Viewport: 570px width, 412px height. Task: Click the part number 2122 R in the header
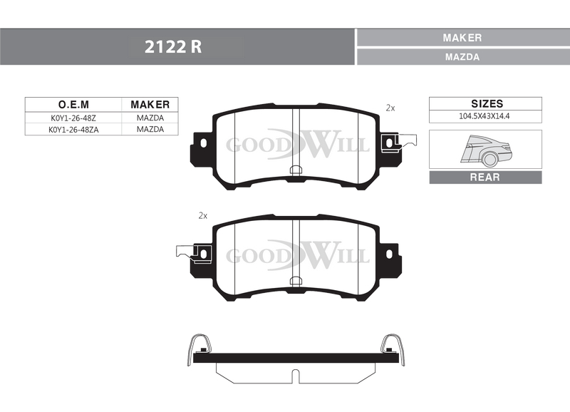pyautogui.click(x=173, y=47)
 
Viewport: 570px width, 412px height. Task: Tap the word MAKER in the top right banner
pyautogui.click(x=462, y=38)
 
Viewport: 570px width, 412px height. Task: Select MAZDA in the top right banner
pyautogui.click(x=462, y=57)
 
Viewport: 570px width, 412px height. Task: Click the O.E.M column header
pyautogui.click(x=73, y=105)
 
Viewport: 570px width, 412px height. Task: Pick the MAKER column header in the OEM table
pyautogui.click(x=150, y=105)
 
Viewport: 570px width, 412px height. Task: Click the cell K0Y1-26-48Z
pyautogui.click(x=73, y=118)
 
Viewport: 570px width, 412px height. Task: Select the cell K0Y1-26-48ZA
pyautogui.click(x=73, y=130)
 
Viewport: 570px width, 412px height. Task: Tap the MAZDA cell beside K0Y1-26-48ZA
pyautogui.click(x=150, y=130)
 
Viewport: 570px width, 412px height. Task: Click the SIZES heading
pyautogui.click(x=487, y=103)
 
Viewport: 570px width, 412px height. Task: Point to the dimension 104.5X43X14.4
pyautogui.click(x=484, y=116)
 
